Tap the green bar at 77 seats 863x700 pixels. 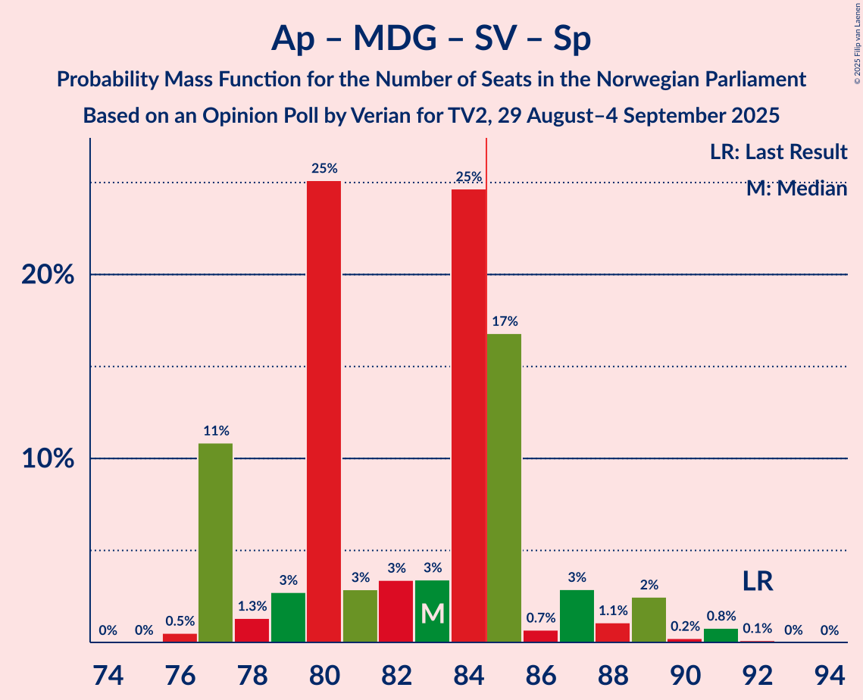(x=215, y=542)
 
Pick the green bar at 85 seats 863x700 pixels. (x=504, y=488)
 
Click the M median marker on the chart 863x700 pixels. (x=432, y=613)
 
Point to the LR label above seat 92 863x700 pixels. (x=757, y=582)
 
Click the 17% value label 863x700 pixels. (x=504, y=321)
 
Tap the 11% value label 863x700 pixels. (x=216, y=431)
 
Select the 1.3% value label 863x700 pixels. (x=252, y=606)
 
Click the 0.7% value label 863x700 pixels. (x=540, y=618)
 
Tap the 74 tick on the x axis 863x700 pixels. (x=108, y=673)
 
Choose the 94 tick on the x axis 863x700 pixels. (x=829, y=673)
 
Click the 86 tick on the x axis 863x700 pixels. (x=540, y=673)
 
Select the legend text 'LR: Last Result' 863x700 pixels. (x=778, y=152)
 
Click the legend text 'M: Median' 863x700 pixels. (x=796, y=189)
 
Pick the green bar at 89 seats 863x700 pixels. (x=649, y=620)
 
